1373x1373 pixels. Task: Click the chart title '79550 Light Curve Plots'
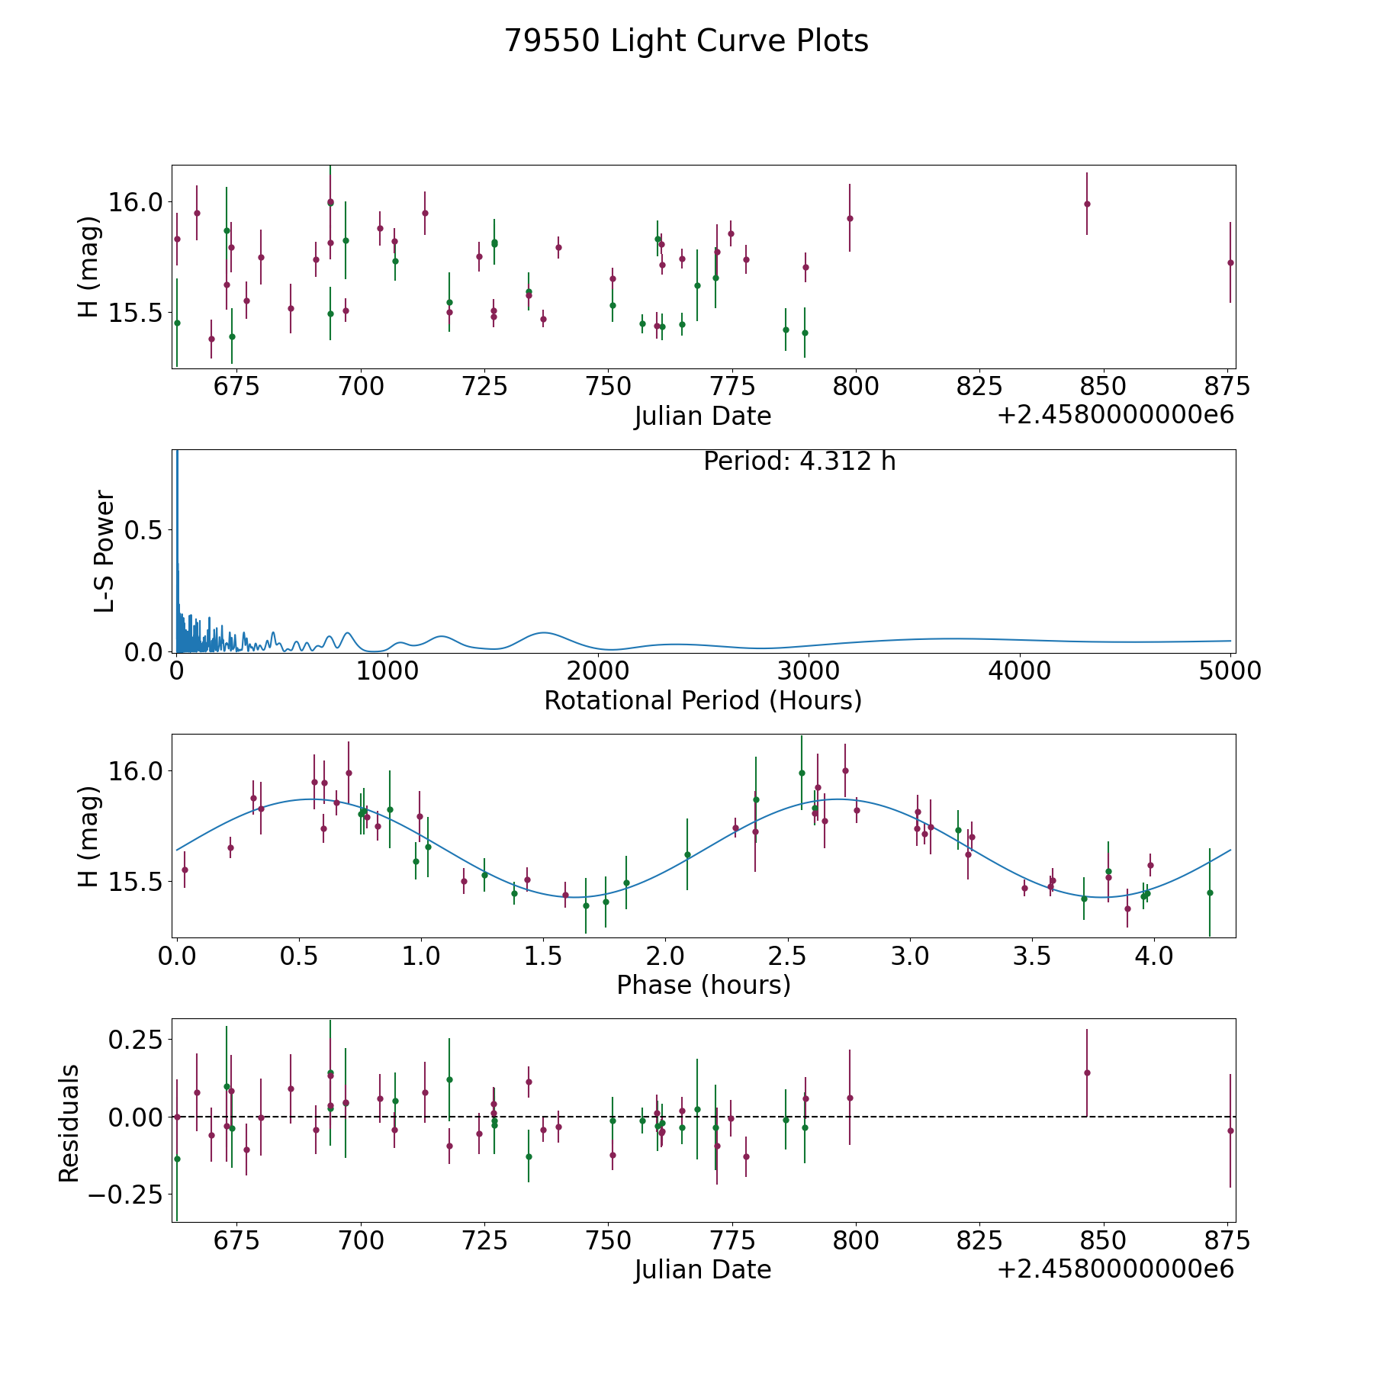pos(686,41)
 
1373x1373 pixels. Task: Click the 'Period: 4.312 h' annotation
pos(799,461)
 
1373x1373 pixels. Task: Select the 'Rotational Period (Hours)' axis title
pos(703,700)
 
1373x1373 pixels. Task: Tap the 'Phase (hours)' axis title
pos(703,985)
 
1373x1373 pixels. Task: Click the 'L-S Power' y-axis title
pos(105,551)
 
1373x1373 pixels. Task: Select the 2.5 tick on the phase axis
pos(787,956)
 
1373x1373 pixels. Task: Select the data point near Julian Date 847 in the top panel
pos(1087,204)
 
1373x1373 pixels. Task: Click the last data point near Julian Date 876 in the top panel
pos(1230,262)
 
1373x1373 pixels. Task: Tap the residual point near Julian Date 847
pos(1087,1072)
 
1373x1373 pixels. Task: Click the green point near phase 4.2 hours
pos(1209,892)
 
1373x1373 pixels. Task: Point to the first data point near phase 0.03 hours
pos(185,870)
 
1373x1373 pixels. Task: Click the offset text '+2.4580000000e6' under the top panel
pos(1114,416)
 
